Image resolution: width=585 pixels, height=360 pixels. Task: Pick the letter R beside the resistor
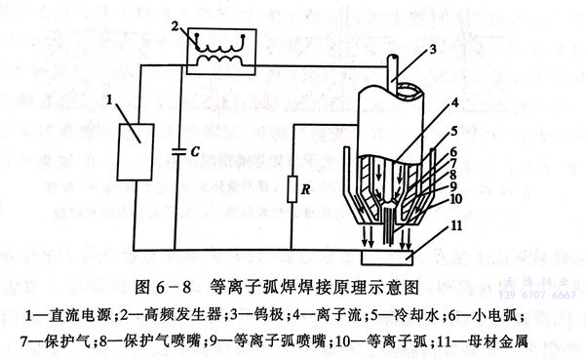pyautogui.click(x=310, y=182)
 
